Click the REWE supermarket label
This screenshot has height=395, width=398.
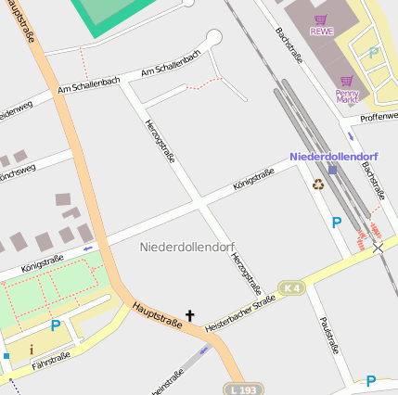pos(321,32)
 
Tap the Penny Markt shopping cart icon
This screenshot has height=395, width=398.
pos(346,82)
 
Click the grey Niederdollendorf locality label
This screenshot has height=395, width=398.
pos(186,247)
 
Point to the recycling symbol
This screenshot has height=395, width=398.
pos(318,185)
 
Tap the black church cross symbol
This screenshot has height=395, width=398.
pos(190,316)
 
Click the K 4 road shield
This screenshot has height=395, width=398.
pos(292,288)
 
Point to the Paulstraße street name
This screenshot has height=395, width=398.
pos(326,336)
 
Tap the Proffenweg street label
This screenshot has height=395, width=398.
pos(379,116)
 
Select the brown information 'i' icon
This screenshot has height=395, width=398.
pos(32,350)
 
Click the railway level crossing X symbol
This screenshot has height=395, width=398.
pos(378,248)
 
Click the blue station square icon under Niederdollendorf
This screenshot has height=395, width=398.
pos(333,170)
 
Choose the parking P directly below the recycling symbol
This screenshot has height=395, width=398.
pos(337,223)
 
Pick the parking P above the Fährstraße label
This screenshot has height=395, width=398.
pos(56,325)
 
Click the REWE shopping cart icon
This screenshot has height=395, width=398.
pos(321,19)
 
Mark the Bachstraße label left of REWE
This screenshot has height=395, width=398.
pos(289,45)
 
